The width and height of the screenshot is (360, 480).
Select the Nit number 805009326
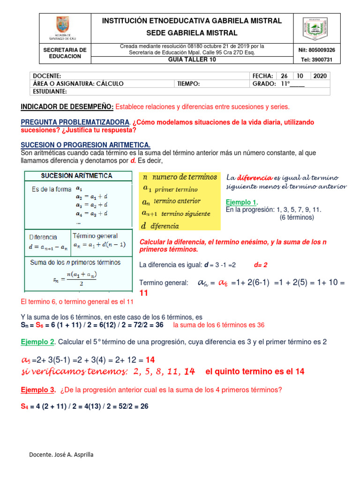(316, 50)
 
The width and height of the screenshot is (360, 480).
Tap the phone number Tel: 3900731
(316, 60)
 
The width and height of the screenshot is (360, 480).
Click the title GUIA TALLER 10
(192, 60)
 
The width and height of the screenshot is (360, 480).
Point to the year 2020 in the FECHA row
(321, 76)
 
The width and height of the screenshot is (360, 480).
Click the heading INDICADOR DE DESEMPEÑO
(67, 107)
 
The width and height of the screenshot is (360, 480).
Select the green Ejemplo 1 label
(242, 202)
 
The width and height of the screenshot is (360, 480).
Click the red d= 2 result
(260, 265)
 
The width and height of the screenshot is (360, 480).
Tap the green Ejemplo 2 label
(38, 342)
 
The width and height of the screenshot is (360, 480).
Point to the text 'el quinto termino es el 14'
(255, 371)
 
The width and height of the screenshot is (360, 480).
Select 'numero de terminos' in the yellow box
(185, 177)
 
